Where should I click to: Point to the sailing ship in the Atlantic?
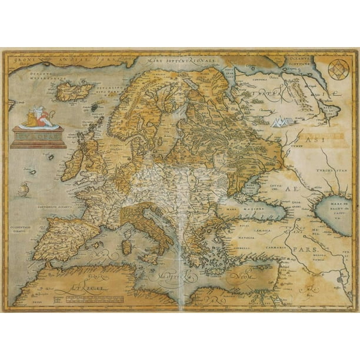point(24,188)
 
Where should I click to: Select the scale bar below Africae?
point(82,298)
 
